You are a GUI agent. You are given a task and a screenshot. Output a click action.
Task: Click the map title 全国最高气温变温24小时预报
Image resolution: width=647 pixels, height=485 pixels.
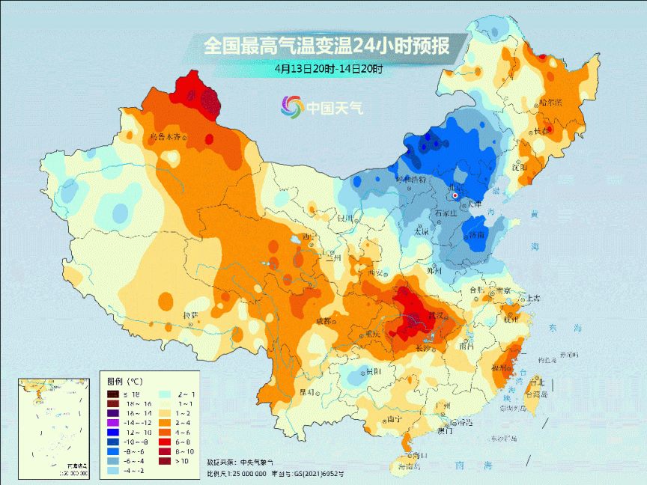point(327,46)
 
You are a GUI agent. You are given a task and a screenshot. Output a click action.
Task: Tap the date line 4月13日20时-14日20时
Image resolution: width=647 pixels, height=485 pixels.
point(328,69)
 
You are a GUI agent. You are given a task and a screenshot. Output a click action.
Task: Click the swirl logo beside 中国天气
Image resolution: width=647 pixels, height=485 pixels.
point(291,108)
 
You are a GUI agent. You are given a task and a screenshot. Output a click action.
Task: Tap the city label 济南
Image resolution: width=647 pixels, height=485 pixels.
point(477,235)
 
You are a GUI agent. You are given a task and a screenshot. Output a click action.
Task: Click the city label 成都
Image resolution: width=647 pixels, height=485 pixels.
point(322,321)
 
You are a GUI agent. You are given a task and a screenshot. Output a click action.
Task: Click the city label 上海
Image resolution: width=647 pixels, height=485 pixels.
point(532,297)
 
